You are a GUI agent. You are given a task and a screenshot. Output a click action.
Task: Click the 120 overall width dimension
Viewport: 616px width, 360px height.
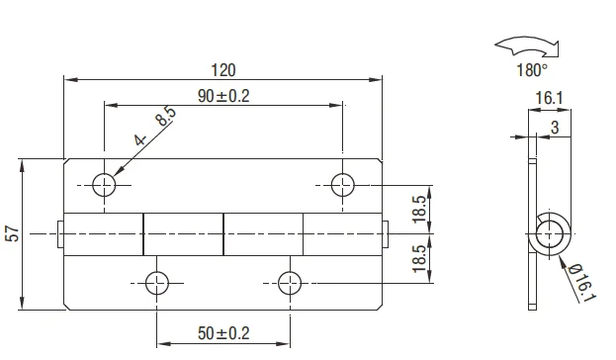[223, 69]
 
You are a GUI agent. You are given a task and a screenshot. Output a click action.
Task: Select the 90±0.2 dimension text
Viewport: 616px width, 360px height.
[223, 95]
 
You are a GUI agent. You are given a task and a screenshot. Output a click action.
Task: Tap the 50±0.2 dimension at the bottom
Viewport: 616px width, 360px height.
[223, 333]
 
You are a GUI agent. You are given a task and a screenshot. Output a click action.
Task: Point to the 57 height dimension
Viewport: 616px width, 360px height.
[12, 233]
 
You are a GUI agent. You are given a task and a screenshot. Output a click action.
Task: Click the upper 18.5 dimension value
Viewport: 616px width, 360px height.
[419, 209]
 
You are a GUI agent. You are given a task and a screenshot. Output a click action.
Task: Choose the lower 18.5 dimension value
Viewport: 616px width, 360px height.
[419, 258]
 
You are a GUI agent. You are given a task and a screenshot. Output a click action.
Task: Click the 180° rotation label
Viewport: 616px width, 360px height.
[530, 70]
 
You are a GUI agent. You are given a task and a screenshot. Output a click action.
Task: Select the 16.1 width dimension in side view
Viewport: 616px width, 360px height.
[550, 97]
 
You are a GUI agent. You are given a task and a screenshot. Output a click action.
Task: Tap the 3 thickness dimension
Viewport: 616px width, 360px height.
[555, 127]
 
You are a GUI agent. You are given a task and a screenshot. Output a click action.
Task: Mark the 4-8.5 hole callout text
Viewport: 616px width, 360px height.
[155, 127]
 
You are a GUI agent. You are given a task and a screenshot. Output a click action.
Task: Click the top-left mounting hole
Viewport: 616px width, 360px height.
[105, 184]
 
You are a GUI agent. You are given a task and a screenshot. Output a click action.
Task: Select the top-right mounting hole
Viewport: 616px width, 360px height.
[343, 184]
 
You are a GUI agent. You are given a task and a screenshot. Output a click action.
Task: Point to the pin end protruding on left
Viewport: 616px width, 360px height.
[61, 233]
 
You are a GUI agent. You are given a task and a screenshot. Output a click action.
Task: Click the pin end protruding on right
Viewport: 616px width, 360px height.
[387, 233]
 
